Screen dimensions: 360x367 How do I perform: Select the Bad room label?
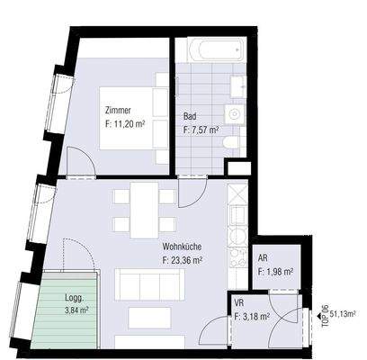pos(190,117)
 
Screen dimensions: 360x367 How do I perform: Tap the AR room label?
pos(264,257)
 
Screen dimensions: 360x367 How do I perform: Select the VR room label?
pos(239,304)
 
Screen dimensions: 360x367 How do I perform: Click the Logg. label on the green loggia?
pos(72,296)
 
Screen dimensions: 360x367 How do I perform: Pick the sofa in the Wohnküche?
pos(139,285)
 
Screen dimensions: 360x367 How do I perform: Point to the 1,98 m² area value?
pos(275,271)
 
